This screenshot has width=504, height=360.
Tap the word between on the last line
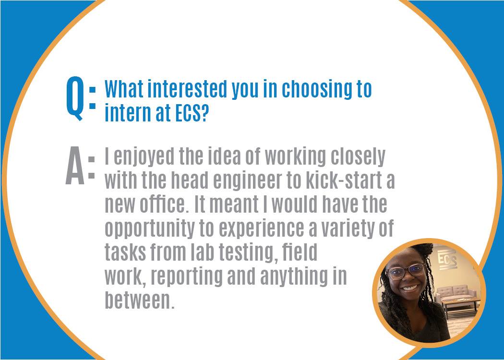139,300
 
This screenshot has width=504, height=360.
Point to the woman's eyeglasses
406,271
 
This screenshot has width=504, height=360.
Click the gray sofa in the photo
456,293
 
